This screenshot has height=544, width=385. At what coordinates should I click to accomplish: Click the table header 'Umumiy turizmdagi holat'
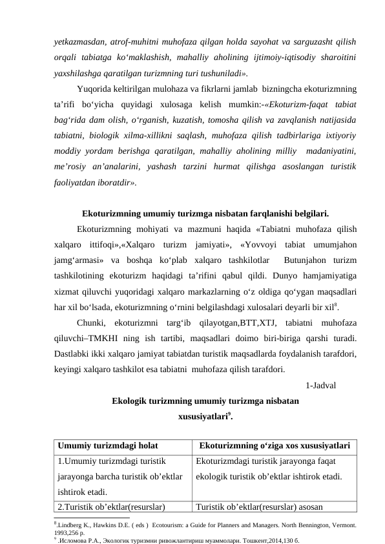coord(107,446)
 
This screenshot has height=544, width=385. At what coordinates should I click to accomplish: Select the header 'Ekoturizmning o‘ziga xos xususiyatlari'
coord(275,446)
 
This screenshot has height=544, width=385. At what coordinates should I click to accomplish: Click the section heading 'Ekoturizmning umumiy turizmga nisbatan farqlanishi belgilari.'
coord(205,213)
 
